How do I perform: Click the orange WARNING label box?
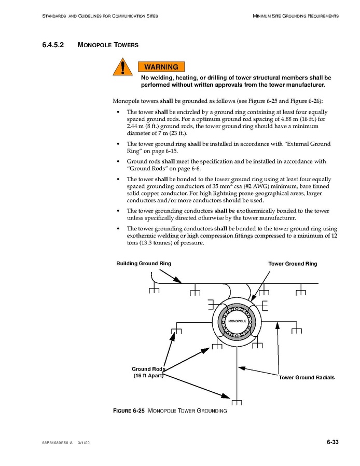click(x=161, y=67)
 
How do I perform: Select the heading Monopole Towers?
click(x=108, y=45)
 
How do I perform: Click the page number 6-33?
click(x=333, y=442)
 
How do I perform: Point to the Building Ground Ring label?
click(x=143, y=264)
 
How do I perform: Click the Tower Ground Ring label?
click(x=292, y=264)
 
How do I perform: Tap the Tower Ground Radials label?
click(x=307, y=377)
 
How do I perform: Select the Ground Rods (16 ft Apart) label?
click(x=148, y=373)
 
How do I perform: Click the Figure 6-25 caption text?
click(x=170, y=411)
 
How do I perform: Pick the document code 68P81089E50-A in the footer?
click(x=57, y=443)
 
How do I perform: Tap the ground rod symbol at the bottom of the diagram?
click(x=237, y=402)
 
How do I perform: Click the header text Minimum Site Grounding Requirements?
click(x=296, y=16)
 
